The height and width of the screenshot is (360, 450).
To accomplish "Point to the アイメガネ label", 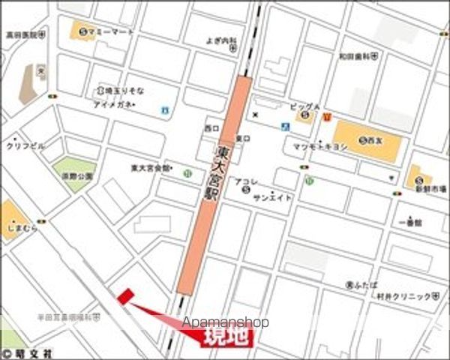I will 112,104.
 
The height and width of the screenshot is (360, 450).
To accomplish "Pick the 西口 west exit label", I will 211,128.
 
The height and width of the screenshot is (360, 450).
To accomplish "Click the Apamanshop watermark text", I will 224,322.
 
